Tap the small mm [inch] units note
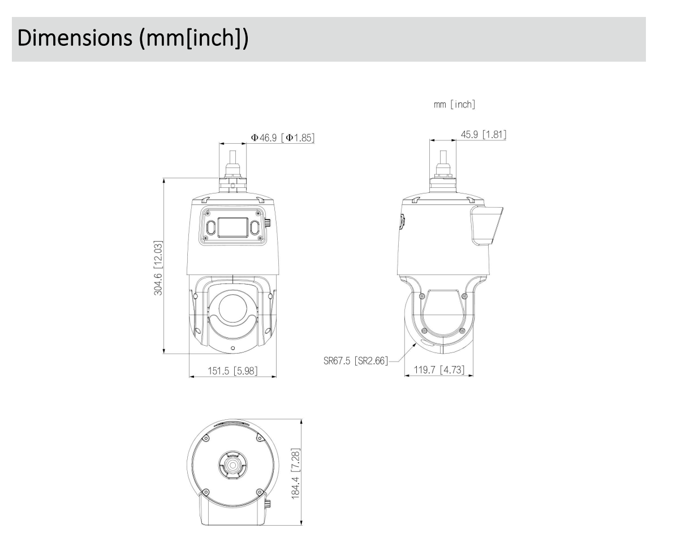[x=454, y=104]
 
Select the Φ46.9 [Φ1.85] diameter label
[x=282, y=137]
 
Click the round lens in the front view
[x=232, y=309]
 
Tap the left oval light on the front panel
[x=210, y=227]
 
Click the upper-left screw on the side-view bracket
[x=421, y=296]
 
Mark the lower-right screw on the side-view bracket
[x=462, y=330]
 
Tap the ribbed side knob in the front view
[x=268, y=225]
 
